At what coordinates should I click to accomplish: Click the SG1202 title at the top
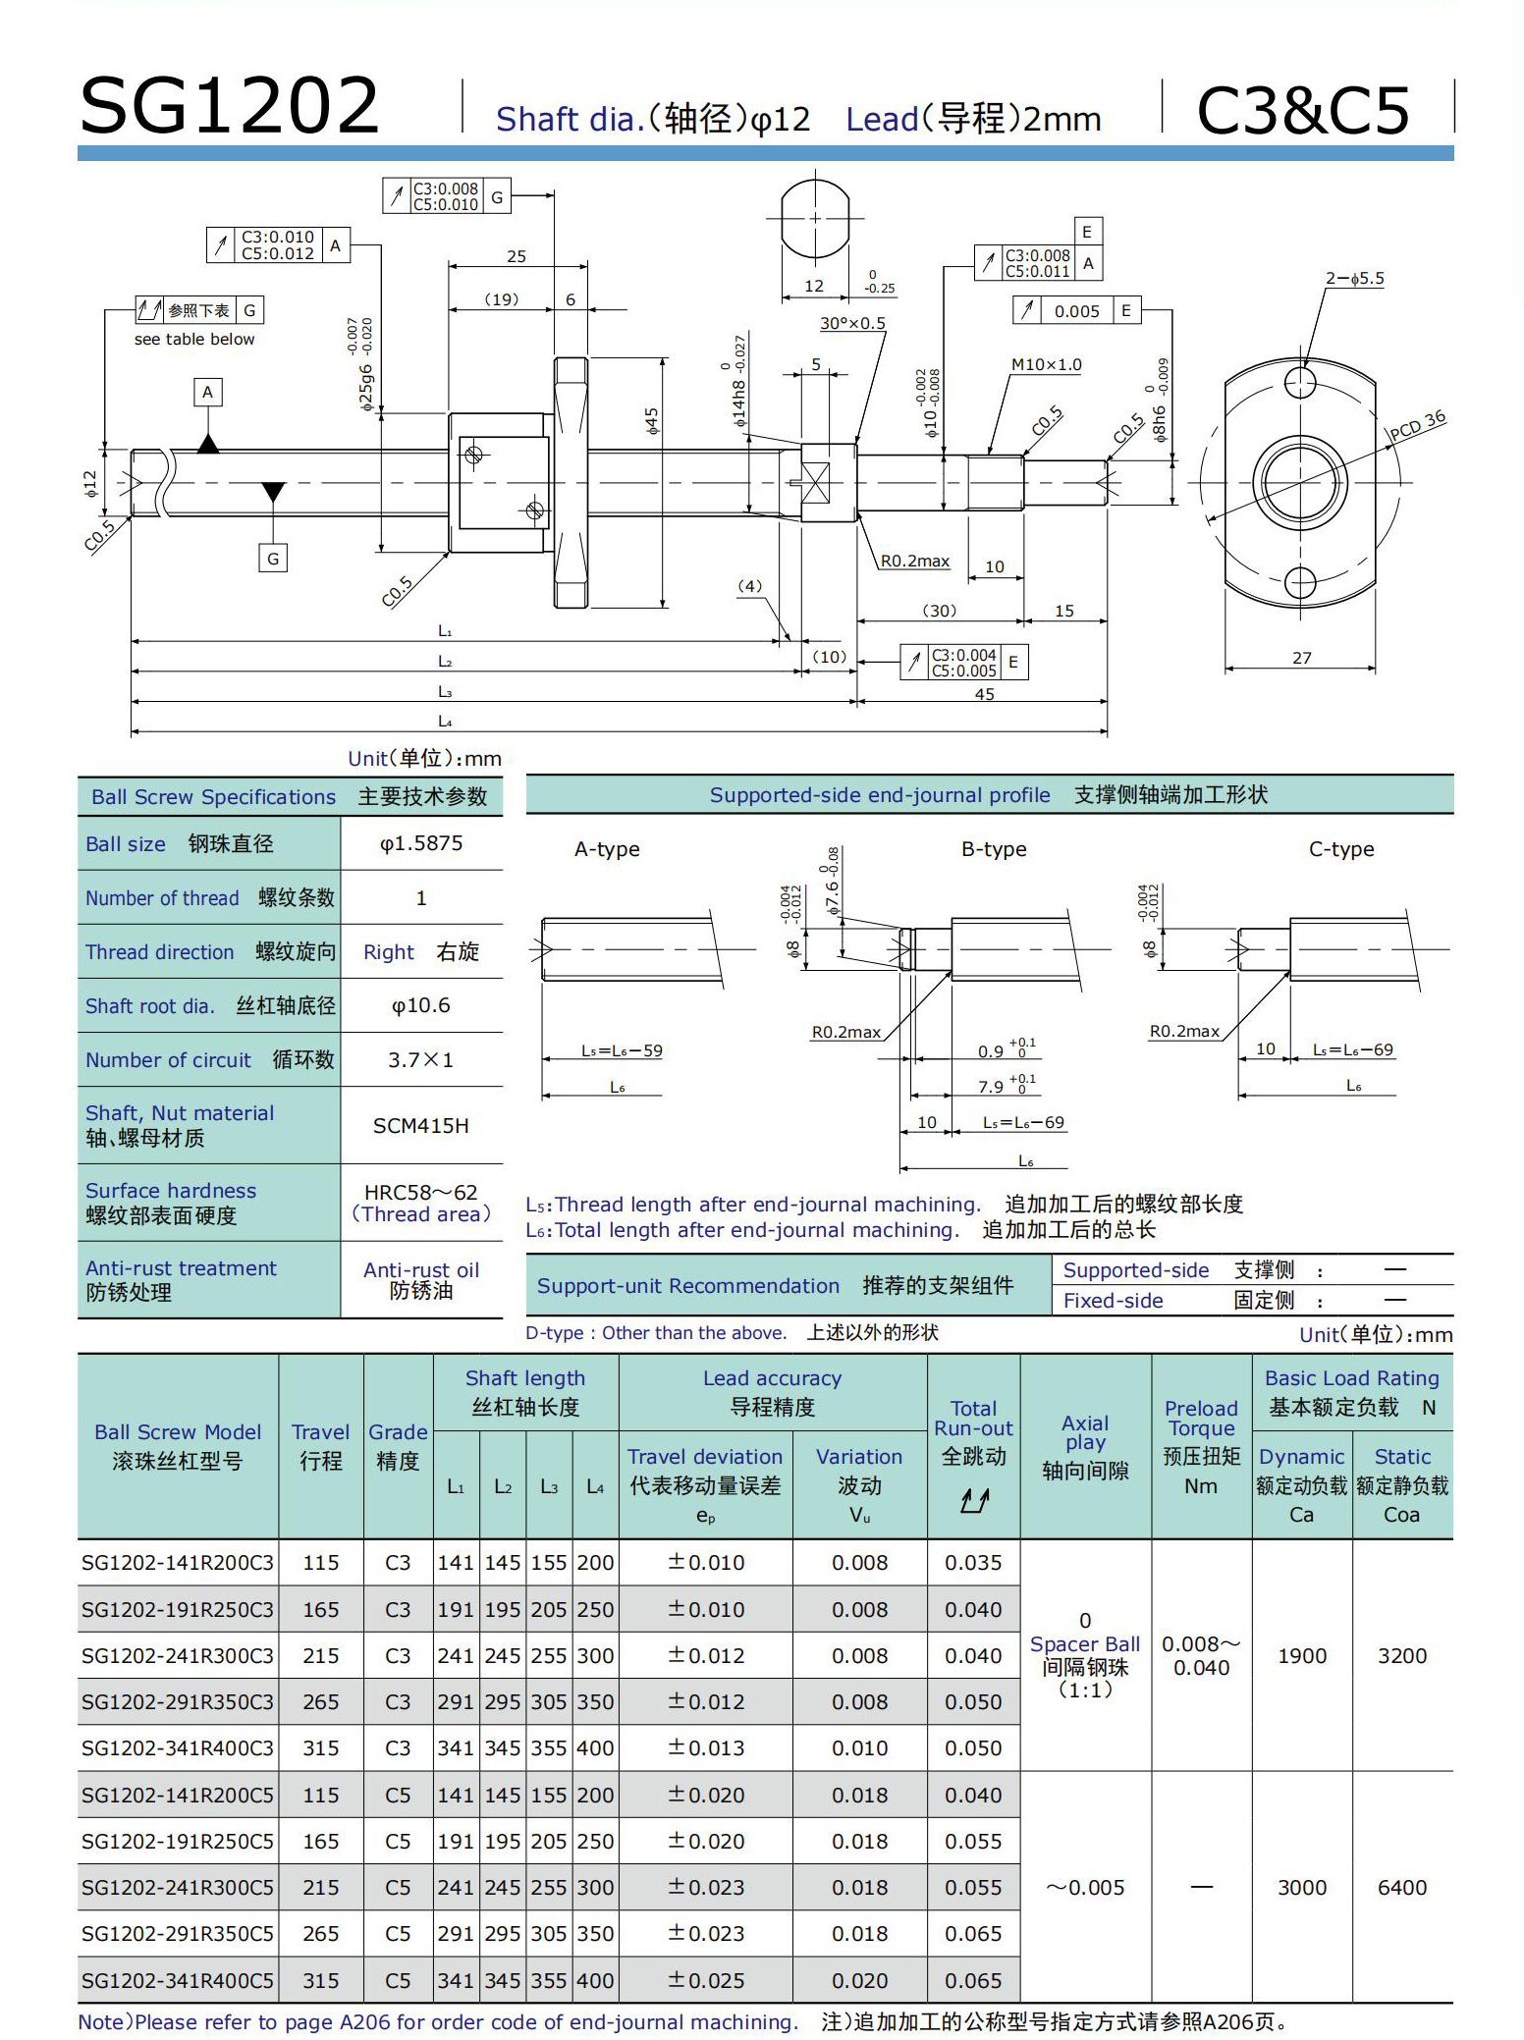(x=229, y=106)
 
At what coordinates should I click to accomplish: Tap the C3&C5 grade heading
(x=1303, y=110)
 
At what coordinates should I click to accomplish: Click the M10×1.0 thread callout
(x=1046, y=365)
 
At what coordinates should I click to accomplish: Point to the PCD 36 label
(x=1418, y=425)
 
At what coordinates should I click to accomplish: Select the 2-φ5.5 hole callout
(x=1354, y=279)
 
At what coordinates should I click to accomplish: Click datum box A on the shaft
(x=207, y=393)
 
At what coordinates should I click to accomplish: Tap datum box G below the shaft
(x=273, y=559)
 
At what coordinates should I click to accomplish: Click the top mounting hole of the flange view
(x=1300, y=382)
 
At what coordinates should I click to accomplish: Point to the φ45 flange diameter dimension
(x=651, y=421)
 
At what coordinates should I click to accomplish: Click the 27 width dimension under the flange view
(x=1301, y=658)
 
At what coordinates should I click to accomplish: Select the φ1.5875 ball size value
(x=421, y=843)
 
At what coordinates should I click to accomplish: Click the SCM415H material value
(x=421, y=1126)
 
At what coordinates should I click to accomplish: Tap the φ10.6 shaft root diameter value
(x=421, y=1005)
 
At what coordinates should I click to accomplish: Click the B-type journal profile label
(x=994, y=849)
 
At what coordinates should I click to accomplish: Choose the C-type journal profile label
(x=1341, y=849)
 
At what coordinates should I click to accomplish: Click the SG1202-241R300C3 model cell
(x=178, y=1655)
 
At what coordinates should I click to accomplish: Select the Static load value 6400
(x=1401, y=1887)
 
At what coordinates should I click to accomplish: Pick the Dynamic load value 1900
(x=1302, y=1655)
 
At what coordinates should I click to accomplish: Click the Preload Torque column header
(x=1201, y=1446)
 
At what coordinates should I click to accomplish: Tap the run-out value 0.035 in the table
(x=973, y=1562)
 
